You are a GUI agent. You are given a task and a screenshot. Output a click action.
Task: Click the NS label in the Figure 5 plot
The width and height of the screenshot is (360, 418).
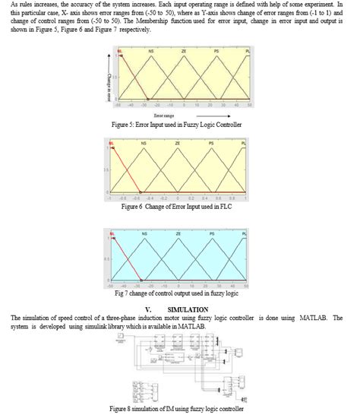click(x=153, y=50)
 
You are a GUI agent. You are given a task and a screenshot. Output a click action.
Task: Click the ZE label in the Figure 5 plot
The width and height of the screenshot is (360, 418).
click(x=183, y=50)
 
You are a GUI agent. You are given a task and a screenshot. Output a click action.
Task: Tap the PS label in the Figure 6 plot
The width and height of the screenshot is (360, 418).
click(x=211, y=143)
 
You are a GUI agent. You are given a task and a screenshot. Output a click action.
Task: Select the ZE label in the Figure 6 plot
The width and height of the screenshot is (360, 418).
click(x=178, y=143)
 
